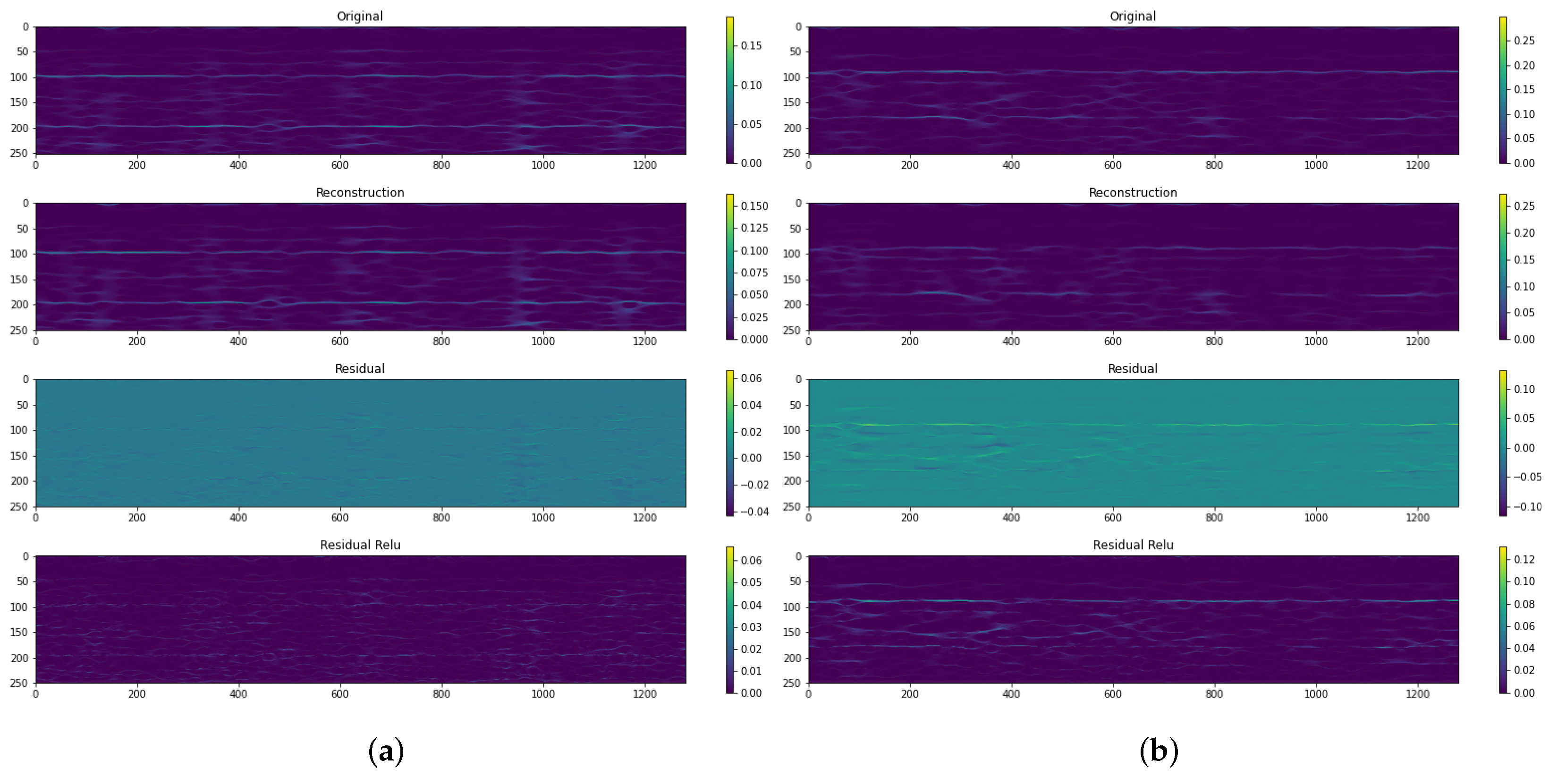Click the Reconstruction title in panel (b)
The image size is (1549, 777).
pyautogui.click(x=1132, y=192)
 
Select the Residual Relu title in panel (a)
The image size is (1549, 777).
pyautogui.click(x=360, y=545)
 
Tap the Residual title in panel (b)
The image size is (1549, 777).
pyautogui.click(x=1132, y=368)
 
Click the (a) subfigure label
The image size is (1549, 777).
pyautogui.click(x=385, y=751)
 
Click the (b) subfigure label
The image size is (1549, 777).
pyautogui.click(x=1158, y=751)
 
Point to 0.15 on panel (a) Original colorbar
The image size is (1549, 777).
pyautogui.click(x=751, y=46)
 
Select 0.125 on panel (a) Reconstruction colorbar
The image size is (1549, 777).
pyautogui.click(x=754, y=228)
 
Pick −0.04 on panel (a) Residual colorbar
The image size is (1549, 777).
pyautogui.click(x=754, y=512)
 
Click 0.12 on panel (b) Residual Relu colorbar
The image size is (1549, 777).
pyautogui.click(x=1524, y=559)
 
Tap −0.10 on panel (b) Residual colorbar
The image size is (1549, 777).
pyautogui.click(x=1527, y=506)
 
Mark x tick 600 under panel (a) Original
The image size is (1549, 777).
pyautogui.click(x=340, y=165)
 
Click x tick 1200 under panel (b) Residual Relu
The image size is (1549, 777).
pyautogui.click(x=1417, y=694)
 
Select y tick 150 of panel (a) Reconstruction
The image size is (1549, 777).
pyautogui.click(x=18, y=280)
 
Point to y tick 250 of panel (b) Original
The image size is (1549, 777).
pyautogui.click(x=791, y=154)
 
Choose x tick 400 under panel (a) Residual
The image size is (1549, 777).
pyautogui.click(x=238, y=518)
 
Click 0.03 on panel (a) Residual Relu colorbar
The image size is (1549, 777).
pyautogui.click(x=751, y=627)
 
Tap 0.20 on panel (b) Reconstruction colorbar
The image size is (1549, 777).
pyautogui.click(x=1524, y=233)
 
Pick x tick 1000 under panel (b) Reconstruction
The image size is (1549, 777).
pyautogui.click(x=1315, y=342)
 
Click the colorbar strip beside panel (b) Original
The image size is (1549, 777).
pyautogui.click(x=1503, y=90)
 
